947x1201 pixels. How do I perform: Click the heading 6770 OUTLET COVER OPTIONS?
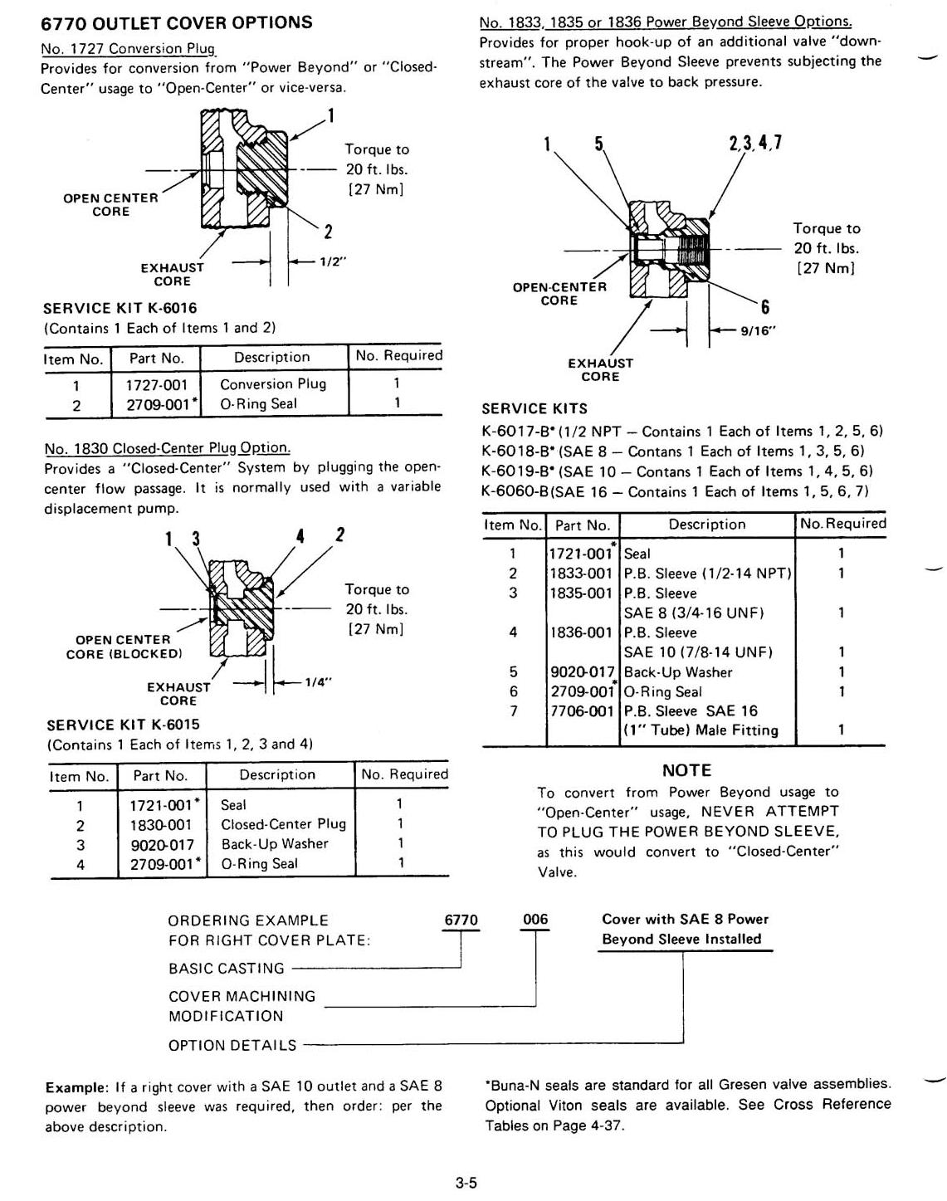[x=177, y=22]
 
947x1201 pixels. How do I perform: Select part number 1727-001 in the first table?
[x=157, y=384]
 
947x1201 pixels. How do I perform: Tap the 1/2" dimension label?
[x=334, y=261]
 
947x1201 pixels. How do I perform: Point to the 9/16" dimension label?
[x=759, y=330]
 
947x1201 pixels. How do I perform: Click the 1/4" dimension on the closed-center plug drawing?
[x=318, y=682]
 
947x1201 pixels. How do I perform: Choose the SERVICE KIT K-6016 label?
[x=121, y=308]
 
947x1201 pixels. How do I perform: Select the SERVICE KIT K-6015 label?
[x=123, y=725]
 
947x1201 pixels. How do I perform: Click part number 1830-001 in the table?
[x=161, y=825]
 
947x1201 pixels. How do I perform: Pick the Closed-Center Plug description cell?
[x=283, y=824]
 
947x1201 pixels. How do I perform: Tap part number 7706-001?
[x=581, y=711]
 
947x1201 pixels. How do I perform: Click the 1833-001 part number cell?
[x=581, y=574]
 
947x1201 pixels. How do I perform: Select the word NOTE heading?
[x=686, y=770]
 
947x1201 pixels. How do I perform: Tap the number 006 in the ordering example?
[x=535, y=920]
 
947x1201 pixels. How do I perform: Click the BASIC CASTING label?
[x=226, y=969]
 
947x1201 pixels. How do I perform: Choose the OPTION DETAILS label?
[x=232, y=1046]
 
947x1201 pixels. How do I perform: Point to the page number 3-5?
[x=466, y=1184]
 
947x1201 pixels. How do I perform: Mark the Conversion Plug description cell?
[x=273, y=384]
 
